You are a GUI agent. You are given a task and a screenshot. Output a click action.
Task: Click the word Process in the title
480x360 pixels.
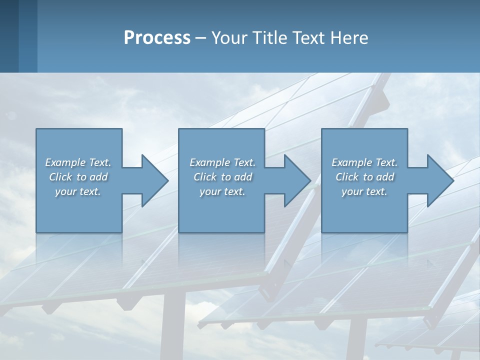tap(157, 38)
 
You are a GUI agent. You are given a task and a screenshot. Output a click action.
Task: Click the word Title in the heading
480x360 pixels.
tap(269, 38)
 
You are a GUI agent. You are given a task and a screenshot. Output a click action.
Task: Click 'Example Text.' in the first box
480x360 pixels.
tap(78, 162)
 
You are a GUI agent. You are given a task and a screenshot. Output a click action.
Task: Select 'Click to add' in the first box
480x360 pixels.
tap(78, 177)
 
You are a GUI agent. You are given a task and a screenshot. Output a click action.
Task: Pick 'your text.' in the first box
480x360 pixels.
tap(78, 191)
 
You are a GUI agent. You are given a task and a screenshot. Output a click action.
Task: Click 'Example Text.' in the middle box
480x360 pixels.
tap(222, 162)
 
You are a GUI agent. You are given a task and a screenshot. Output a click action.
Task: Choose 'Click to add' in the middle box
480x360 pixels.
tap(222, 177)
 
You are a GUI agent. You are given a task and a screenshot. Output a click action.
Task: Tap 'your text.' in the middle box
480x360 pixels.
tap(222, 191)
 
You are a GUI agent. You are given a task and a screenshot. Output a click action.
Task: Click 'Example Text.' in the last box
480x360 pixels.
tap(364, 162)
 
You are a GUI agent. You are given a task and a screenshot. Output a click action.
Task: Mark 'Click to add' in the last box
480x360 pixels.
tap(364, 177)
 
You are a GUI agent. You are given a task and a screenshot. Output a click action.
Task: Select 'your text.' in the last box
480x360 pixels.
tap(364, 191)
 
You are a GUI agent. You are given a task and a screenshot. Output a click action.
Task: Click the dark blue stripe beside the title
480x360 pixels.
tap(9, 36)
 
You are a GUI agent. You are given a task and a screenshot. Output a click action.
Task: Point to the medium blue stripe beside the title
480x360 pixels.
tap(28, 36)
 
